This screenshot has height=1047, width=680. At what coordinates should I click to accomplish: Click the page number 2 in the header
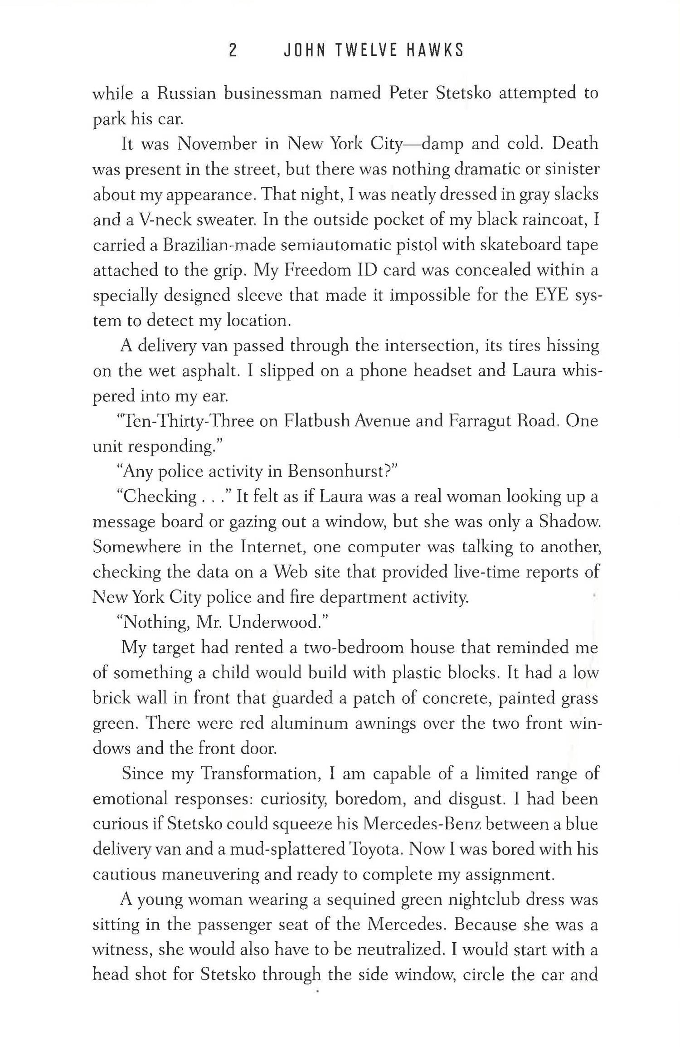(x=233, y=51)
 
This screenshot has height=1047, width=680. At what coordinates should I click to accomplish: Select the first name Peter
(x=408, y=93)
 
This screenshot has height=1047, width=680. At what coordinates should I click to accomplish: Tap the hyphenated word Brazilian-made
(x=222, y=246)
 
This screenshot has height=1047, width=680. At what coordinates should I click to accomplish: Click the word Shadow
(x=569, y=522)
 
